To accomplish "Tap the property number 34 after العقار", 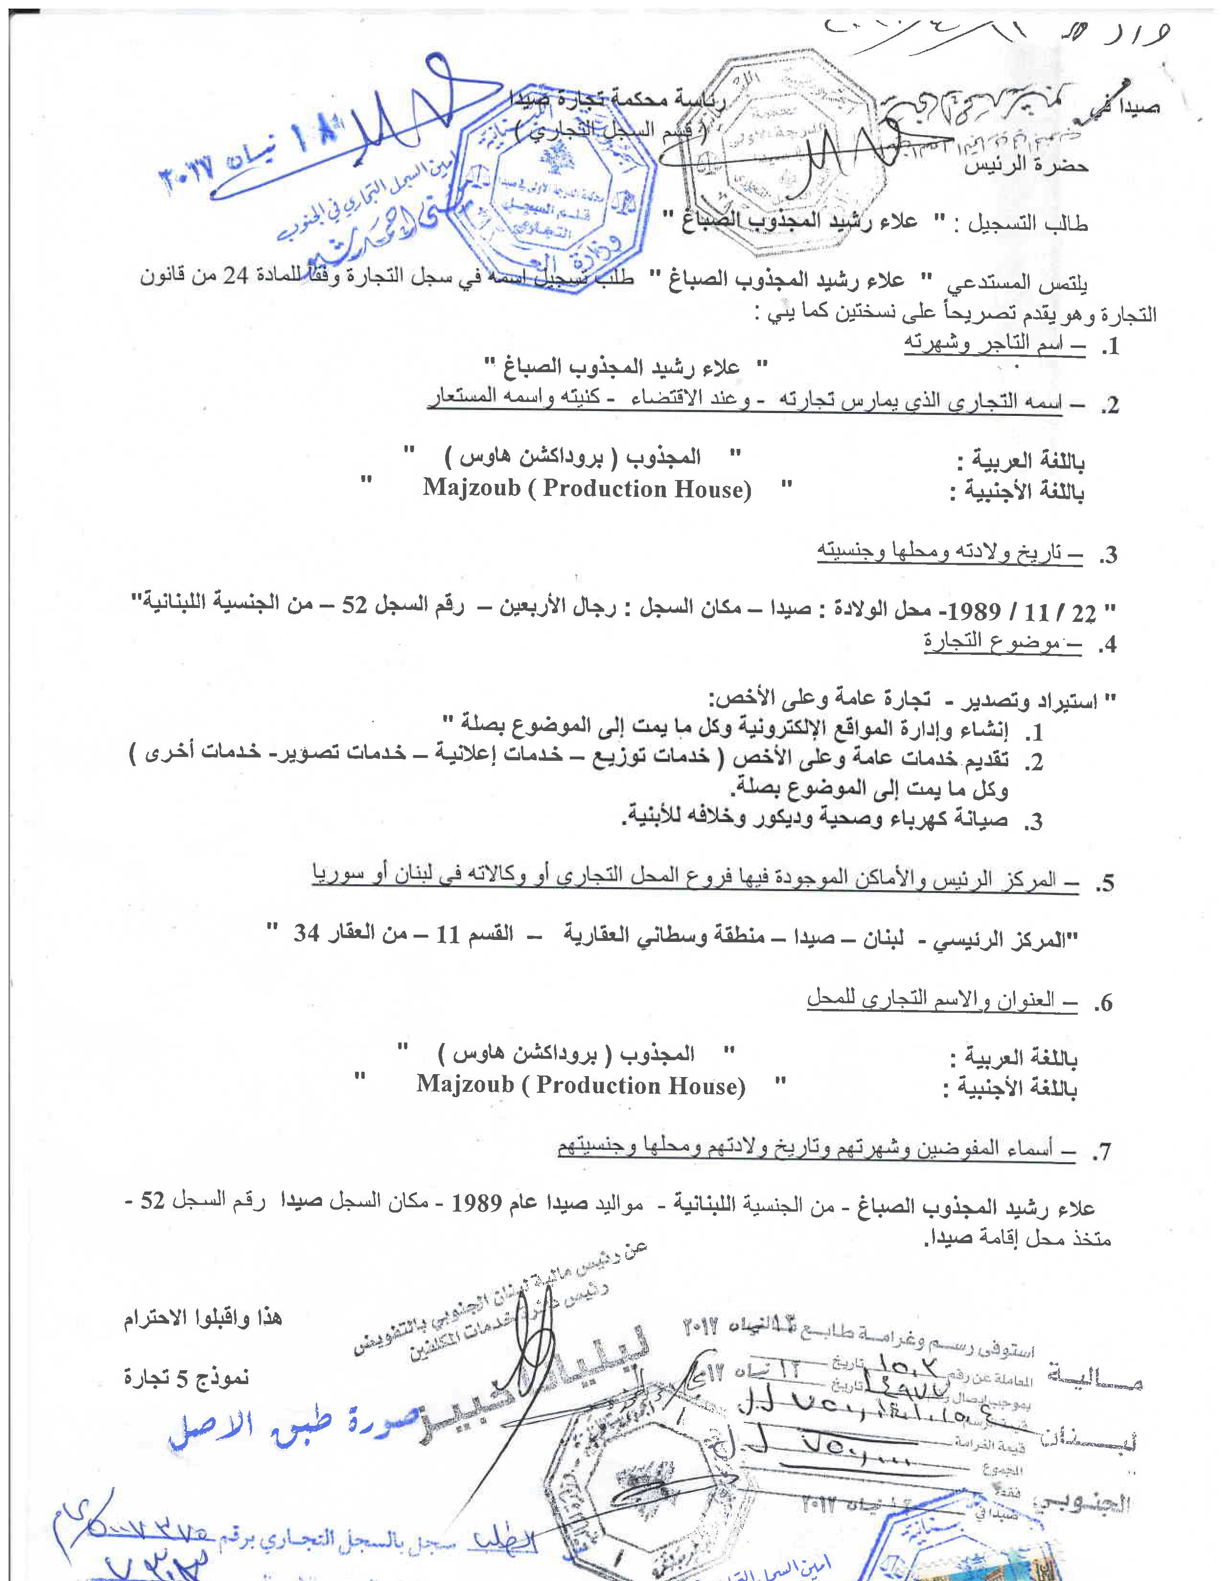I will [x=308, y=934].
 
